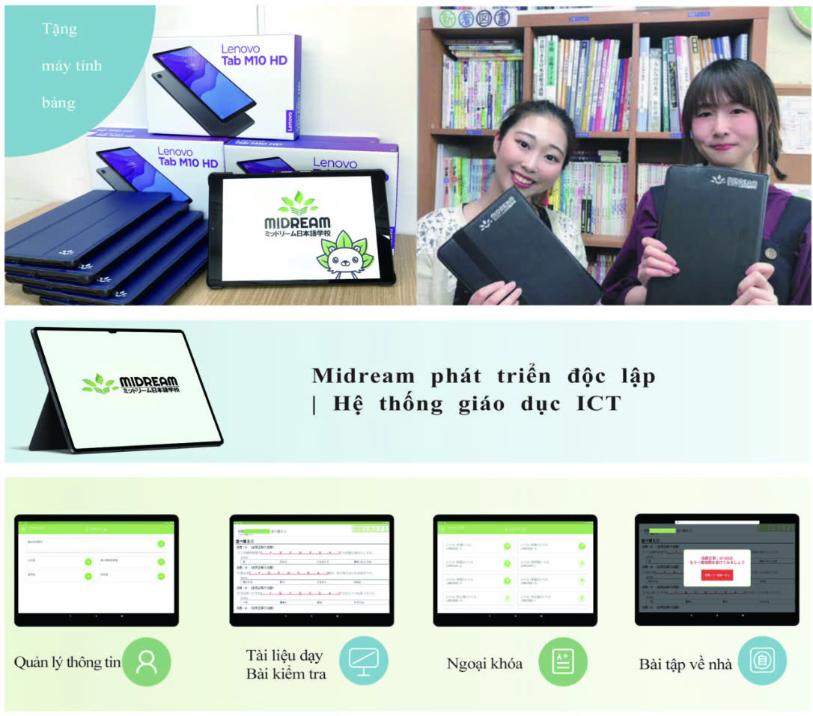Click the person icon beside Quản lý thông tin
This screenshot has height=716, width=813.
pyautogui.click(x=146, y=661)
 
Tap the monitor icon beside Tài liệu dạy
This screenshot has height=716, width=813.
pyautogui.click(x=364, y=661)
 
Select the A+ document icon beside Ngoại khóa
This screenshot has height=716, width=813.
pyautogui.click(x=562, y=661)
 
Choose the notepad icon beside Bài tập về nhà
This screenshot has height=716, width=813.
pyautogui.click(x=762, y=661)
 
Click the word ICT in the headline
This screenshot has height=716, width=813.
pyautogui.click(x=599, y=404)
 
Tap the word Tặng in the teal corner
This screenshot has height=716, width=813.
pyautogui.click(x=59, y=30)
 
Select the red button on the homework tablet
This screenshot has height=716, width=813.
pyautogui.click(x=716, y=575)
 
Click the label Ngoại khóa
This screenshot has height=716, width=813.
pyautogui.click(x=484, y=664)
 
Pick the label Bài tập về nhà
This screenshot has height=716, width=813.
pyautogui.click(x=685, y=664)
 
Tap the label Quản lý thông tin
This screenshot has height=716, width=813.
pyautogui.click(x=67, y=662)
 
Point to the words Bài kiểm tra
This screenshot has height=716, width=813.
pyautogui.click(x=286, y=673)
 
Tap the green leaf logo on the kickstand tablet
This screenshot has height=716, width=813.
pyautogui.click(x=100, y=383)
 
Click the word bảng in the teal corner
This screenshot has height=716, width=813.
pyautogui.click(x=58, y=102)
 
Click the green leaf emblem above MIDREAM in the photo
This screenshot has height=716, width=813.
pyautogui.click(x=297, y=202)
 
